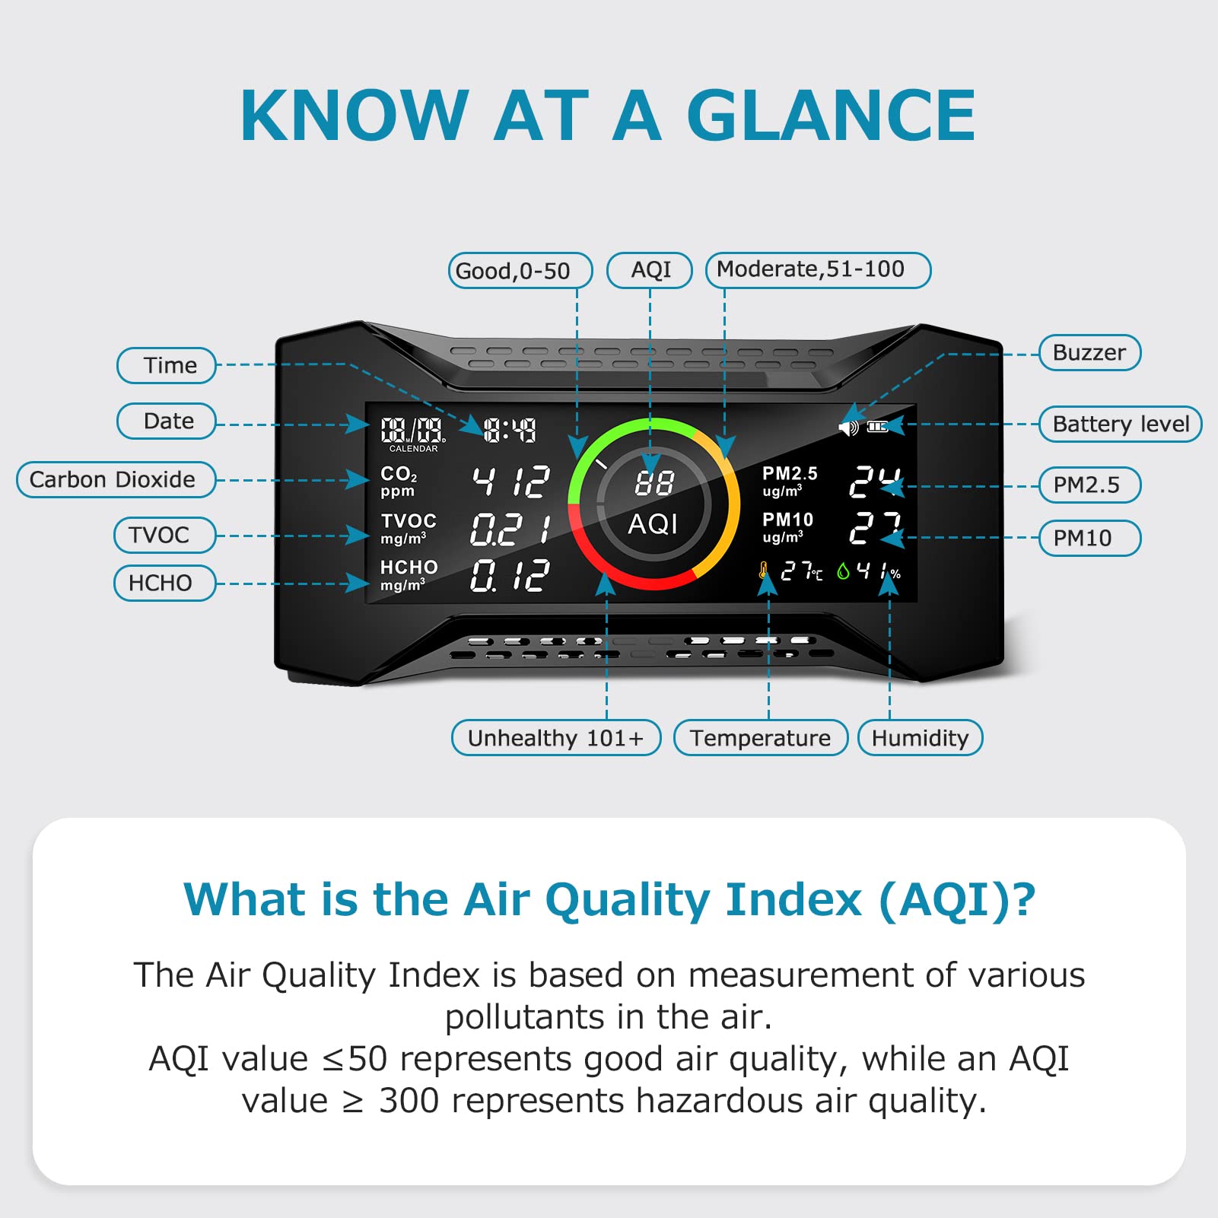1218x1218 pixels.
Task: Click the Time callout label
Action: click(x=167, y=366)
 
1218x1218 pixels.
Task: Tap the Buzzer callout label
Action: click(x=1089, y=353)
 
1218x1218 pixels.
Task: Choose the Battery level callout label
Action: click(x=1120, y=425)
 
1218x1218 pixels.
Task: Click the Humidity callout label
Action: click(x=920, y=738)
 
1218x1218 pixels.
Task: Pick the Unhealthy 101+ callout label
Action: click(x=555, y=738)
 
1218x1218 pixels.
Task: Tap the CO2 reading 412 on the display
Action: click(x=510, y=482)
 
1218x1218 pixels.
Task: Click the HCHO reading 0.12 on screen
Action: click(x=509, y=575)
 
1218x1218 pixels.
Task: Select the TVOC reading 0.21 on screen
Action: click(x=509, y=529)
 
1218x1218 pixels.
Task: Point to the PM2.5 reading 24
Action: click(x=875, y=482)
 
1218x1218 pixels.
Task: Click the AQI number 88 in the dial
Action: click(x=654, y=482)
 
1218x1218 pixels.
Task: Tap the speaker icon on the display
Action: click(x=848, y=428)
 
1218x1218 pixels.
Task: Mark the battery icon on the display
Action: click(x=877, y=427)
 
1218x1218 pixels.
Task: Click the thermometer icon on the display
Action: click(x=763, y=571)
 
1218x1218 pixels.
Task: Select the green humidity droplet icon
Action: click(x=843, y=571)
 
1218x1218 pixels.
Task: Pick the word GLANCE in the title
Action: click(x=830, y=116)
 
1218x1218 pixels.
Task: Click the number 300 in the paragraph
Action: click(x=409, y=1101)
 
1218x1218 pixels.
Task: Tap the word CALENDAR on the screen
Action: click(x=413, y=449)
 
